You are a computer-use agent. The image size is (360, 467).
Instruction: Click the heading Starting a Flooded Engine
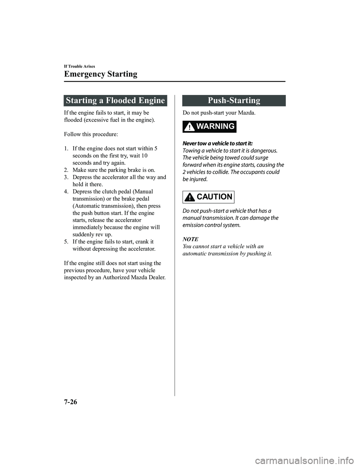point(115,101)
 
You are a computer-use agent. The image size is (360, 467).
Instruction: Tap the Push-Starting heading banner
point(234,101)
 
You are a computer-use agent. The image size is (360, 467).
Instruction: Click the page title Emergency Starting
point(100,74)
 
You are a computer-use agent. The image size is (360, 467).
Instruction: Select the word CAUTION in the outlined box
point(214,197)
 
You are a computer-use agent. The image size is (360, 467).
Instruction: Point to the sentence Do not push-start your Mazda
point(219,113)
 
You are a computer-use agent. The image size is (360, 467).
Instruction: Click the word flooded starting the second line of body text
point(73,120)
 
